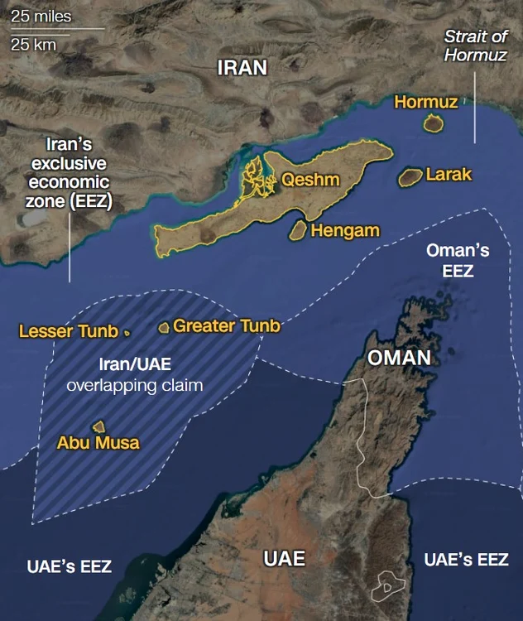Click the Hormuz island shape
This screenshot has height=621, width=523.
[431, 123]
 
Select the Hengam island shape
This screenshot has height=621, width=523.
[298, 230]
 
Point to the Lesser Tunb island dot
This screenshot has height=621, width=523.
[127, 333]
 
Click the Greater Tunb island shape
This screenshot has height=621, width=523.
[164, 328]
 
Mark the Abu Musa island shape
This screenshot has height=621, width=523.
[98, 426]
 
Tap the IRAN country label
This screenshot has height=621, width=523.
[242, 68]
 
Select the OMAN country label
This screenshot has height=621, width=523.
[399, 358]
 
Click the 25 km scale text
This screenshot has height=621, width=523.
[33, 45]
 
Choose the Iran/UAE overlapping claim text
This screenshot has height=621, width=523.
[134, 375]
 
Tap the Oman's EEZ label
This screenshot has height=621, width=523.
[458, 260]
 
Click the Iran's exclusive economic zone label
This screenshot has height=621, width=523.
[69, 173]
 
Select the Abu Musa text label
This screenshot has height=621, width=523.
[98, 443]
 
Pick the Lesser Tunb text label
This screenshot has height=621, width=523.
[68, 332]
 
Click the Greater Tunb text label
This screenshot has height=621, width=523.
[226, 326]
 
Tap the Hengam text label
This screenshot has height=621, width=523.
[345, 231]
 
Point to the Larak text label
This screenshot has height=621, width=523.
[449, 175]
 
